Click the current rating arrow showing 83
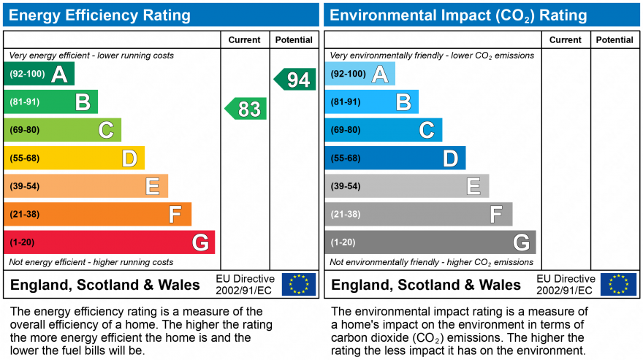tap(246, 109)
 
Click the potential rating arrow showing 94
tap(295, 80)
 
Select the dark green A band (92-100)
tap(39, 74)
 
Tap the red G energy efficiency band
tap(110, 242)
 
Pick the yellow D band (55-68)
tap(75, 158)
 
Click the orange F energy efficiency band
tap(98, 215)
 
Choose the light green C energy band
tap(63, 130)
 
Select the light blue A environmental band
tap(360, 74)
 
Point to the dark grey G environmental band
tap(430, 242)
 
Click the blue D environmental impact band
tap(395, 158)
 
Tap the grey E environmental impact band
tap(407, 186)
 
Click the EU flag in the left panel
tap(299, 284)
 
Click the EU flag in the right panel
tap(618, 284)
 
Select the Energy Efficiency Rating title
tap(100, 15)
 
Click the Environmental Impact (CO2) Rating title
tap(458, 15)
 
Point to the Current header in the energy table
tap(244, 40)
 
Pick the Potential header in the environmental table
tap(615, 40)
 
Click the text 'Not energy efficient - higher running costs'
tap(91, 262)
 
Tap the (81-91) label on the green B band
tap(24, 102)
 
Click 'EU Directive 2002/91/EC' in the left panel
tap(245, 285)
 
